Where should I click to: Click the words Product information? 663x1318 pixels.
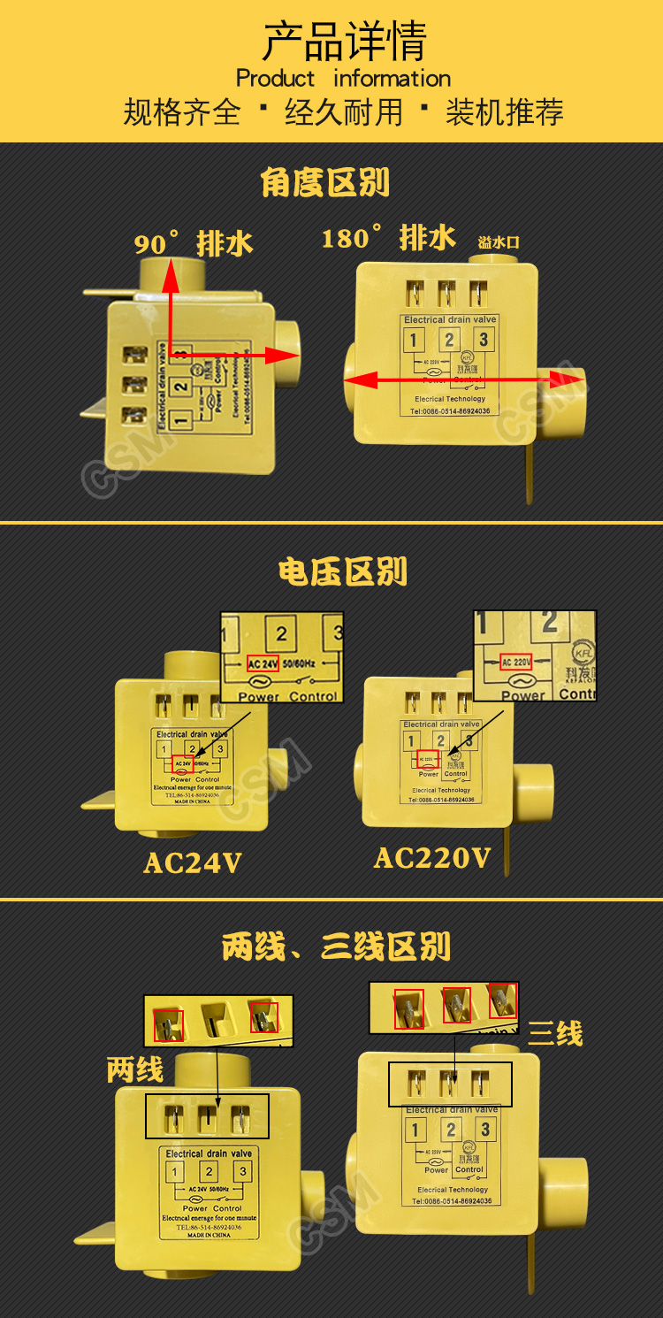344,79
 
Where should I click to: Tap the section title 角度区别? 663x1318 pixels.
325,183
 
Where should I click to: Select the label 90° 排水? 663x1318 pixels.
194,243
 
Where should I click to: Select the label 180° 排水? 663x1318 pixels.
388,237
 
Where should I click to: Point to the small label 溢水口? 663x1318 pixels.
499,241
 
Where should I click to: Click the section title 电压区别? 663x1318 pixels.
343,572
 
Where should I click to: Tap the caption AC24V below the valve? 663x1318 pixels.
193,862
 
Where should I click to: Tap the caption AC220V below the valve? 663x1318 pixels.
432,857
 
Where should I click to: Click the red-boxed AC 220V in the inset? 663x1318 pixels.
517,662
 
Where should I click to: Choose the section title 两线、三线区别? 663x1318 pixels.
336,946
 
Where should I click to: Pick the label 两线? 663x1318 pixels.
135,1070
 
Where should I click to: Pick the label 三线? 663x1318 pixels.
555,1033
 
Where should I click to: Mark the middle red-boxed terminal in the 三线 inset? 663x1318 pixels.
456,1005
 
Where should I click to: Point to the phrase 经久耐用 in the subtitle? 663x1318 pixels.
344,112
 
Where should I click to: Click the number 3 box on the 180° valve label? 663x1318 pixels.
483,339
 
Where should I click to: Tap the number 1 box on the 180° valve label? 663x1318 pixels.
414,340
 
